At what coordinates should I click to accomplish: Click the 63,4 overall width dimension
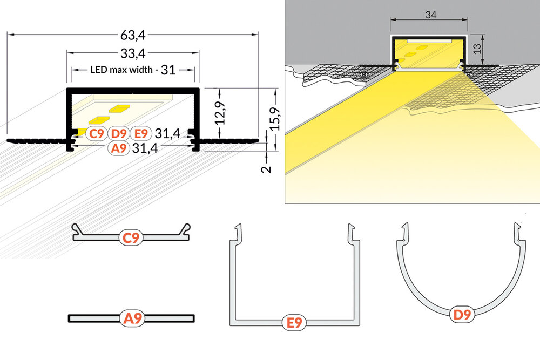point(133,36)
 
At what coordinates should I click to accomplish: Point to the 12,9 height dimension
point(220,114)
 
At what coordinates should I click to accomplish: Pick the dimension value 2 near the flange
point(265,168)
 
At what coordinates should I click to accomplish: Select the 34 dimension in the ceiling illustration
point(430,15)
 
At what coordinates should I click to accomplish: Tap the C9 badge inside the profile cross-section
point(97,133)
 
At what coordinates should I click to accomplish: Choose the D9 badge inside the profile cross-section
point(119,133)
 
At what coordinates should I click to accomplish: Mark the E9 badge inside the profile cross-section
point(141,133)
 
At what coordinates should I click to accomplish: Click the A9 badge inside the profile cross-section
point(119,148)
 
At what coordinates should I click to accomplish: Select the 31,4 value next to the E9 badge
point(167,133)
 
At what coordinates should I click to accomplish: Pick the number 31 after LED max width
point(168,70)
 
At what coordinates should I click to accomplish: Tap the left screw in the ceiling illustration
point(364,74)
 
